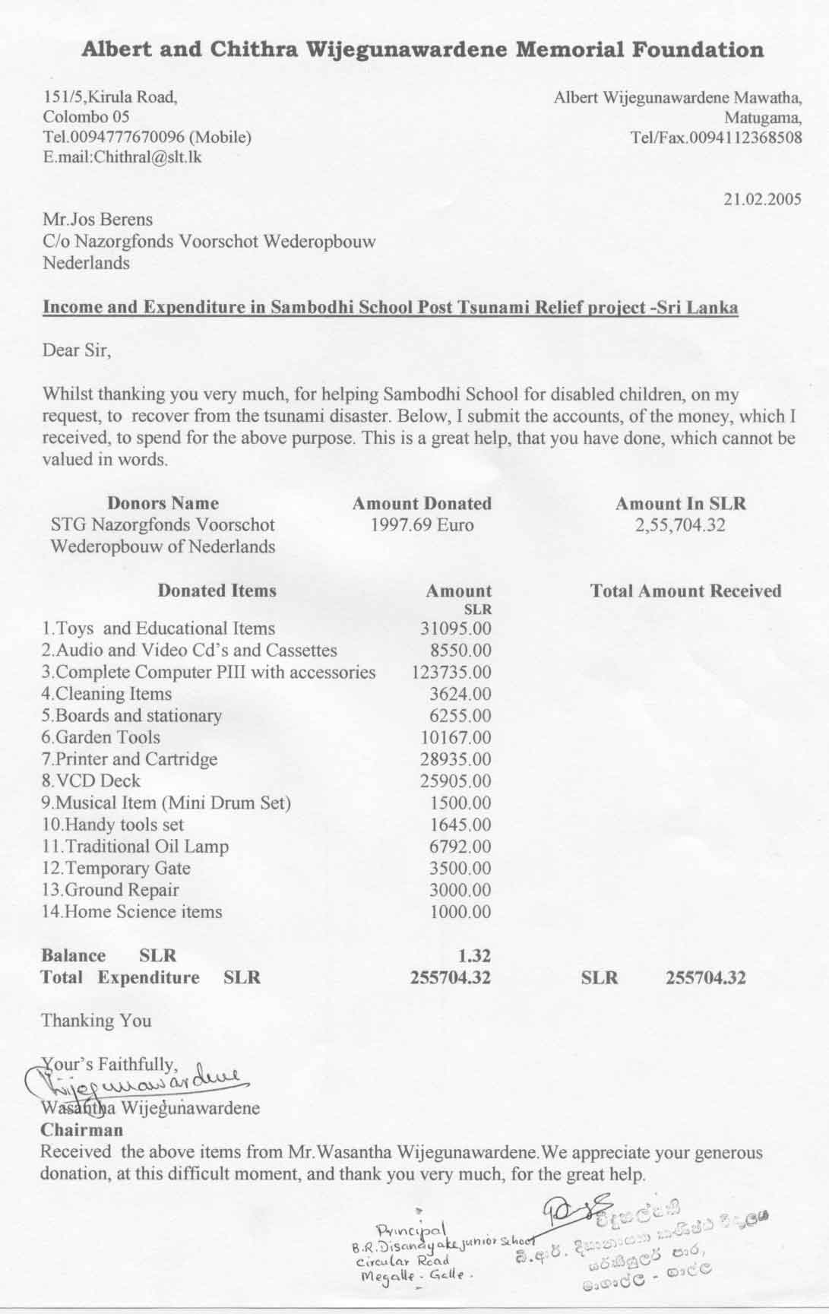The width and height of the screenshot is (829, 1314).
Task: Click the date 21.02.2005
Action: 762,200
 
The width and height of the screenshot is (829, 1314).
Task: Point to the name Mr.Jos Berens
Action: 97,220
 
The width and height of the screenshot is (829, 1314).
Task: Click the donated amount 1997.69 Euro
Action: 422,525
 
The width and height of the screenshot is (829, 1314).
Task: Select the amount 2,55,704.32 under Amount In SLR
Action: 680,525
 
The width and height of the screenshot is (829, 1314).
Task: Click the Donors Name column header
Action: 163,503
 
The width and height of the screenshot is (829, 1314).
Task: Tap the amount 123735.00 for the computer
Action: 451,673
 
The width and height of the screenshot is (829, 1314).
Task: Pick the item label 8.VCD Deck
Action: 91,781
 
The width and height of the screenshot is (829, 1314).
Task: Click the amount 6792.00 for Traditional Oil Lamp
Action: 460,847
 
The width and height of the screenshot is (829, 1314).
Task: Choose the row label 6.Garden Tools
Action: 101,737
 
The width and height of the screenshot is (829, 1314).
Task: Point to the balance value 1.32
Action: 475,956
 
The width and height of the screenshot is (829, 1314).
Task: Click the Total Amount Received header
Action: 685,591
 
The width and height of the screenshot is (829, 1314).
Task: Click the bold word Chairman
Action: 82,1130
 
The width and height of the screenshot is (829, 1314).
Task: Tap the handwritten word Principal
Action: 415,1230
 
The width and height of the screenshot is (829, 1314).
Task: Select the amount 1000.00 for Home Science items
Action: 460,912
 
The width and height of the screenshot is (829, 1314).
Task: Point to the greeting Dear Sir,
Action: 77,351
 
